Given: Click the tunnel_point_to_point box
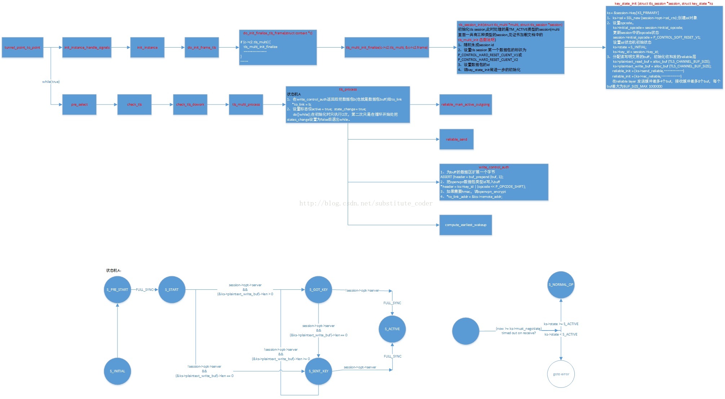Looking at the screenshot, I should (22, 47).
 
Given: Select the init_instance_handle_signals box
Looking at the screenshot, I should (87, 47).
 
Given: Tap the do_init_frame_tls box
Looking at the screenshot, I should (202, 47).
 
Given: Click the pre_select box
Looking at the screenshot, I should (79, 105).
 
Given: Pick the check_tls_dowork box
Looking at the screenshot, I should (190, 105).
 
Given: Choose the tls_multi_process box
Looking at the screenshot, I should (246, 105).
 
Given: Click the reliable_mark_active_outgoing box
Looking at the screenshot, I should (466, 105).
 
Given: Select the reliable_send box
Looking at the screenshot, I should (457, 139).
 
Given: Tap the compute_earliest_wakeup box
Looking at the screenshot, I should (466, 225).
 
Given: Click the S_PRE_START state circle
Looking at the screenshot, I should (117, 290).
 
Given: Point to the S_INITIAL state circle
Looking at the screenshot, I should (117, 371).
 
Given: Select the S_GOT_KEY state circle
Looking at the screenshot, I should (319, 290).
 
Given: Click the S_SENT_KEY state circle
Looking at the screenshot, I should (319, 371).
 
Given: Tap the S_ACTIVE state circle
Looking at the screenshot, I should (392, 329).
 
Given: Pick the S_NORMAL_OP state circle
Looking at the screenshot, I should (561, 285).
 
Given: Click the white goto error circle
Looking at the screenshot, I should (561, 374).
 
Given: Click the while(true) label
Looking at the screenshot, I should (51, 82).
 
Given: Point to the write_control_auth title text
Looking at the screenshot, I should (494, 167).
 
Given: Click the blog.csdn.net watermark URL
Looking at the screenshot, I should (366, 203).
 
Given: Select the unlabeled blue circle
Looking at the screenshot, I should (466, 331).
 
